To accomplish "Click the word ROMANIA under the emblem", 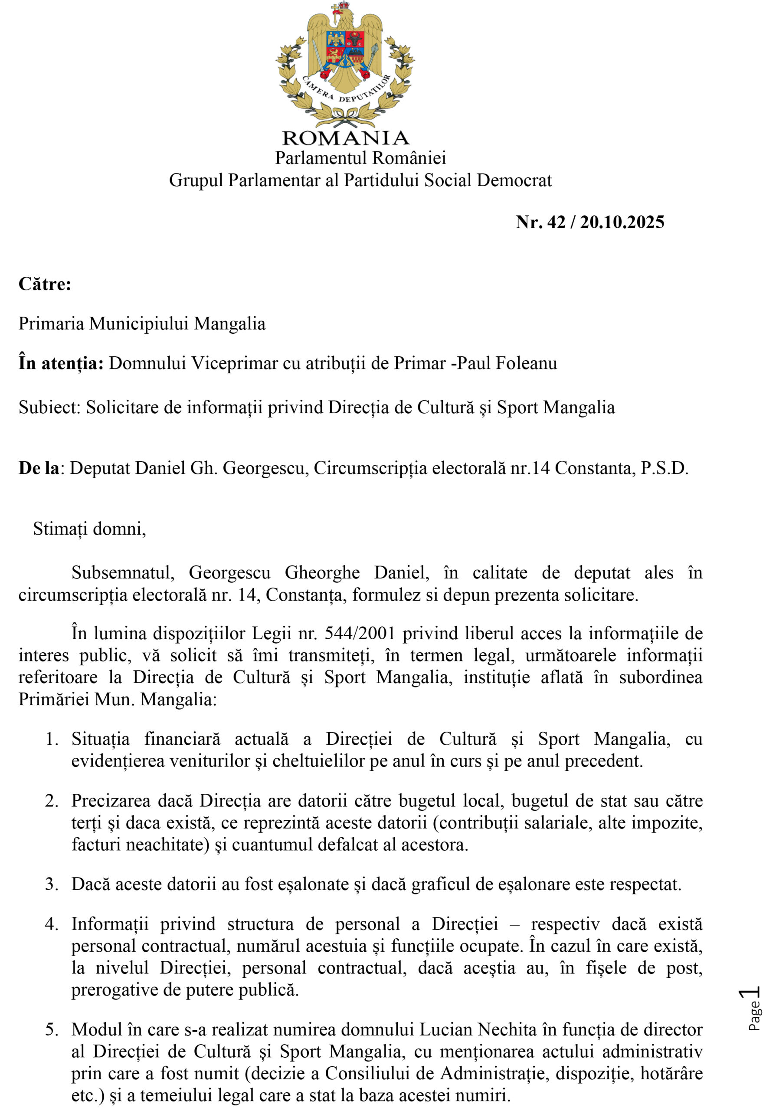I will [346, 138].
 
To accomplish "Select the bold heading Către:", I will [45, 284].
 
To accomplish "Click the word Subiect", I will [49, 407].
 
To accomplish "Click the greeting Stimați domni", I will [89, 528].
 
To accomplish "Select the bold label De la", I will [39, 468].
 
